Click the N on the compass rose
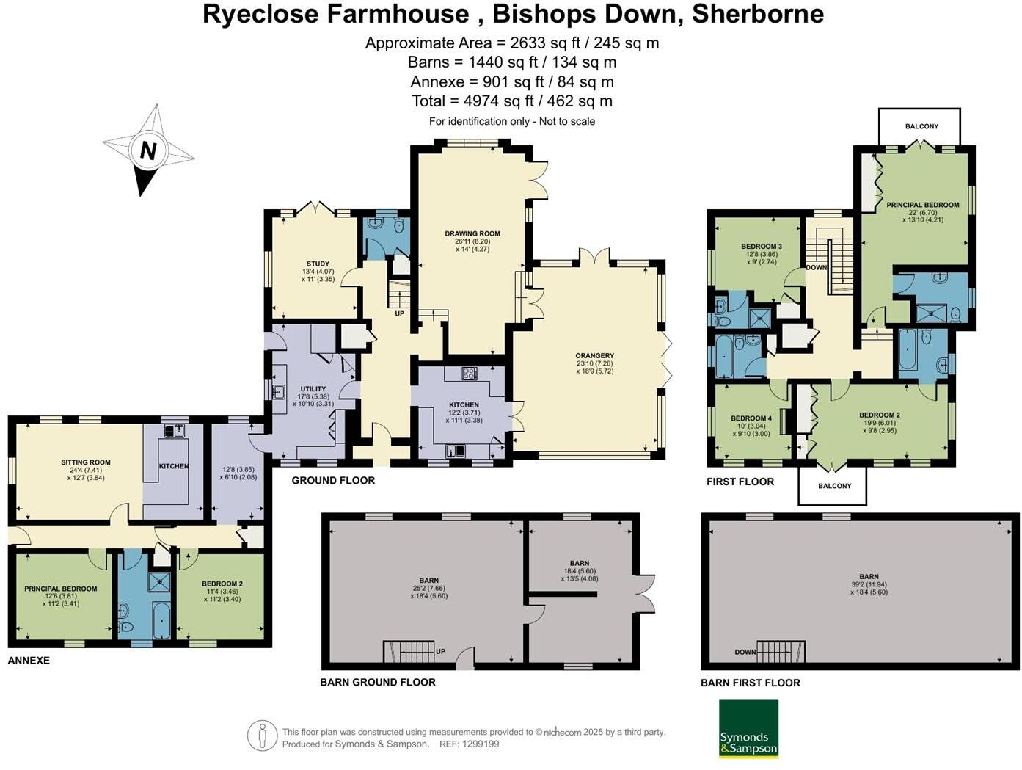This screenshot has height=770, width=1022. [x=148, y=151]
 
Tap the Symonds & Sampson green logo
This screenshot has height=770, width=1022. [x=748, y=729]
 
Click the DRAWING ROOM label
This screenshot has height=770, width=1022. [x=472, y=234]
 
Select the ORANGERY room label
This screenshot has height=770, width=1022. [x=594, y=356]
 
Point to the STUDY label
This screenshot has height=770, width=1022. [x=318, y=264]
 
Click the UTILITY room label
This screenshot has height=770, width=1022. [x=313, y=389]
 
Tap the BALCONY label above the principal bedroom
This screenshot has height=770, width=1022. [x=921, y=126]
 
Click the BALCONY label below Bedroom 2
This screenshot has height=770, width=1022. [x=834, y=486]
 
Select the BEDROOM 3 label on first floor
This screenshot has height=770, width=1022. [x=761, y=247]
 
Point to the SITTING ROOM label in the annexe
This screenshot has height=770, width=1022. [x=86, y=462]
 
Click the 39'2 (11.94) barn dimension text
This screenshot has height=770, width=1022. [x=869, y=584]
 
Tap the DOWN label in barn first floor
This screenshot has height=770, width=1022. [x=745, y=652]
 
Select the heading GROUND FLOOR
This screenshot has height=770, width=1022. [x=333, y=481]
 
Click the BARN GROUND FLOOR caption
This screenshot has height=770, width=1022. [x=378, y=682]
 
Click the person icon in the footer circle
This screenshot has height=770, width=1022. [x=262, y=736]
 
